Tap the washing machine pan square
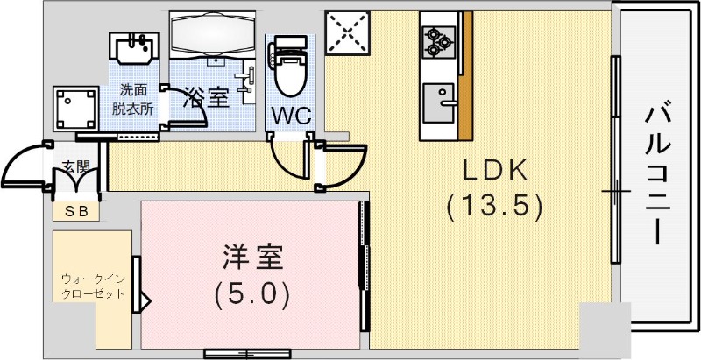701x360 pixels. (x=74, y=108)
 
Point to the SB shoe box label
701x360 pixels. (x=75, y=212)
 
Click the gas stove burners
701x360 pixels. (x=439, y=40)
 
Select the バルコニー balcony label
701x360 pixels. (x=658, y=175)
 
